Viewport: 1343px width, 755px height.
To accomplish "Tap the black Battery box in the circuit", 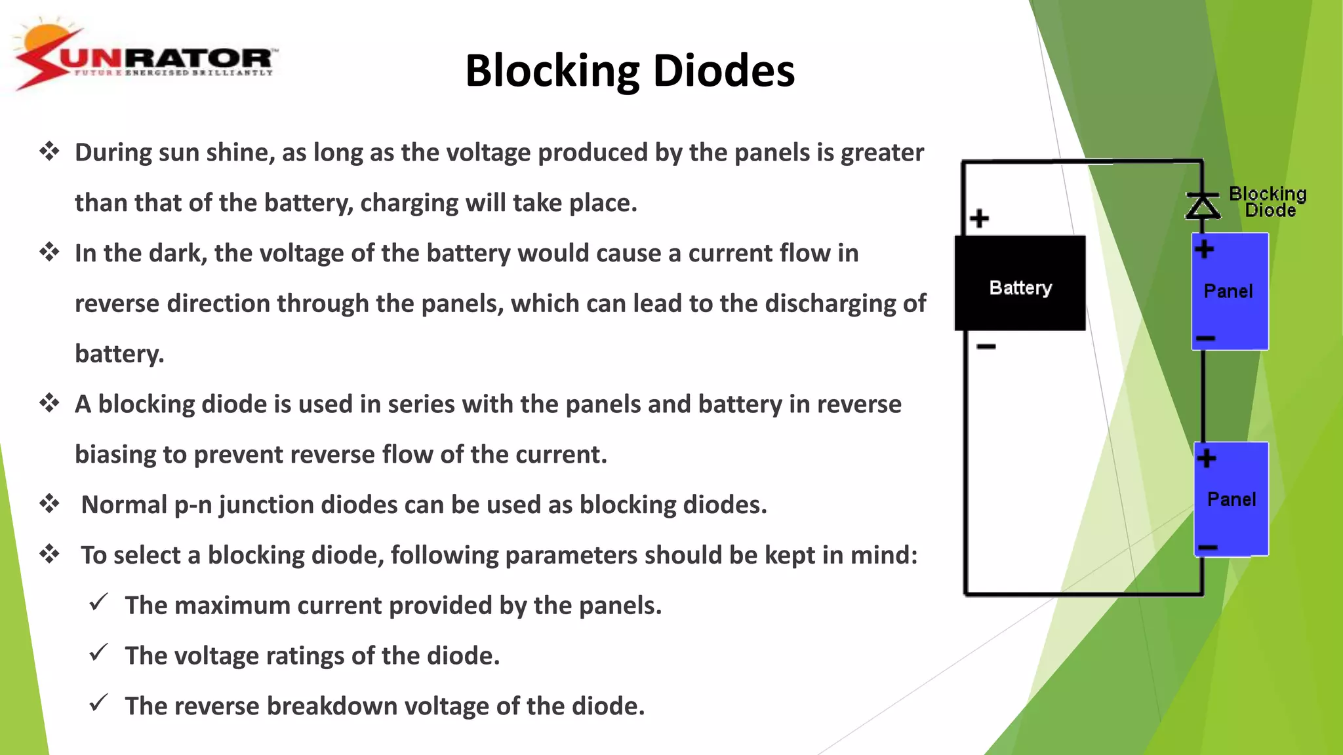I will click(x=1020, y=284).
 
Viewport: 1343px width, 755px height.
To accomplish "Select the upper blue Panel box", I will click(x=1230, y=292).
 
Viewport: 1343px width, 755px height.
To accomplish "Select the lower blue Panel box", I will click(x=1231, y=499).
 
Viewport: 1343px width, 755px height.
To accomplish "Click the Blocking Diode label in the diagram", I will click(x=1268, y=202).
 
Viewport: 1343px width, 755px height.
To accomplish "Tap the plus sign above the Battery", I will click(x=979, y=218).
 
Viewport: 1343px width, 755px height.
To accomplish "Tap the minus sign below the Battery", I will click(x=986, y=346).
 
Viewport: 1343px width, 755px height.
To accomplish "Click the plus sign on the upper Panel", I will click(x=1204, y=249).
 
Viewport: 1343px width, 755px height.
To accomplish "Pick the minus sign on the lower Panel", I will click(x=1207, y=547).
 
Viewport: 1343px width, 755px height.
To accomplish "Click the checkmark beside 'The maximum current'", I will click(x=98, y=602).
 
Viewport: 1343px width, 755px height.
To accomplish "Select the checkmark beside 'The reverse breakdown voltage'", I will click(x=98, y=703).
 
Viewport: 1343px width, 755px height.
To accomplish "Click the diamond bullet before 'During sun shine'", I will click(x=49, y=152).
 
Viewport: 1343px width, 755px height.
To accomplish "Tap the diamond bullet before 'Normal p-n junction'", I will click(x=49, y=504).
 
